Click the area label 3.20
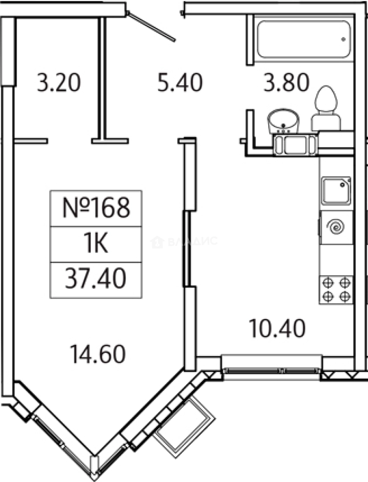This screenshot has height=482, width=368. coord(59,83)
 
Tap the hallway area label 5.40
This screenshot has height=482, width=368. coord(180,82)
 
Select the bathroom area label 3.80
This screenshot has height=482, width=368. coord(286,82)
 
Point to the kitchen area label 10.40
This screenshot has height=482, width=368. coord(277,328)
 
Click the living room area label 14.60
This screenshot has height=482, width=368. coord(98,354)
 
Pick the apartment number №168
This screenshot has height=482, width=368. coord(96,208)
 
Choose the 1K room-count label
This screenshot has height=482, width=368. coord(96,244)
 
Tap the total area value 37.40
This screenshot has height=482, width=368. coord(95,278)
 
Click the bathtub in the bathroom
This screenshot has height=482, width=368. coord(303,39)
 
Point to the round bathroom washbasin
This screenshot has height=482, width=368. coord(283,120)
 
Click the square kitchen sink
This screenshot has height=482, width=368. coord(336,191)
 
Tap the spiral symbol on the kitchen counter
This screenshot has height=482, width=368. coord(336,227)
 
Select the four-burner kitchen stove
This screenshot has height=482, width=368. coord(336,290)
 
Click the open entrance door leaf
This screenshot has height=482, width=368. coord(151,26)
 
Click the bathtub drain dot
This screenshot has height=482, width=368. coord(344,39)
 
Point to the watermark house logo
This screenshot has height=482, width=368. coord(157,242)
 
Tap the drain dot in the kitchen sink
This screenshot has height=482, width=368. coord(343,184)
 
